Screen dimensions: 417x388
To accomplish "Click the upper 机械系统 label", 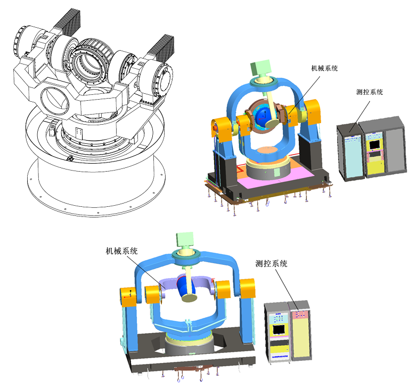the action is click(324, 68).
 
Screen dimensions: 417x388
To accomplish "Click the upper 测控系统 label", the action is click(370, 92).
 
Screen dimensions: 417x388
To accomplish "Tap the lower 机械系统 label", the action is click(121, 250).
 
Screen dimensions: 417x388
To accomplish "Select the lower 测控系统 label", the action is click(271, 263).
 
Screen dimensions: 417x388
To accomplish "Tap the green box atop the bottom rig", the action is click(185, 239).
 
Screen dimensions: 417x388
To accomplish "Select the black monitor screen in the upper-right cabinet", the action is click(375, 144).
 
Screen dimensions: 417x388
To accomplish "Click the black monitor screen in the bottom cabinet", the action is click(279, 329).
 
